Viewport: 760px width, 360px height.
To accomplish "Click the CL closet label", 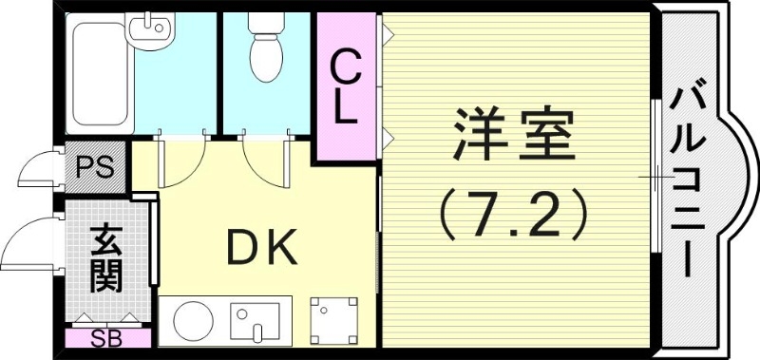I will (347, 87).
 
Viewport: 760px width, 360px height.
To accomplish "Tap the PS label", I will (96, 169).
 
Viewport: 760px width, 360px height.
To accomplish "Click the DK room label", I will (261, 249).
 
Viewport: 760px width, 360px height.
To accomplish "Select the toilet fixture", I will (267, 47).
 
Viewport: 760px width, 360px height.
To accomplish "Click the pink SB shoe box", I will (107, 338).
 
